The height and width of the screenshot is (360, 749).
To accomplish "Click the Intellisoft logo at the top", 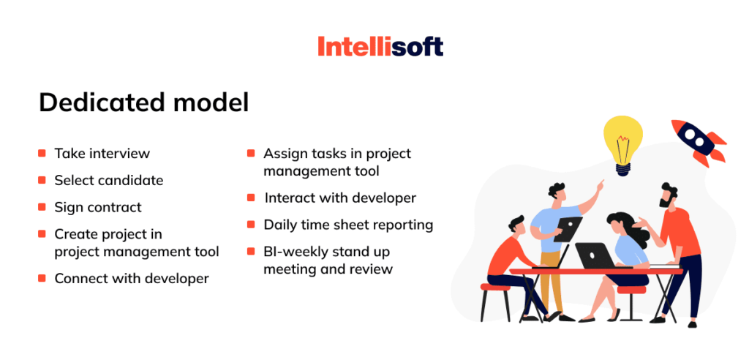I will [x=380, y=48].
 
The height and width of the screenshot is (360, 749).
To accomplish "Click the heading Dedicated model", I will [x=143, y=102].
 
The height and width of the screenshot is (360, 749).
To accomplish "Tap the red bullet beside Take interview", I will [x=42, y=154].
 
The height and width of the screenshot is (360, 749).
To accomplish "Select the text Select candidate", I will [x=108, y=180].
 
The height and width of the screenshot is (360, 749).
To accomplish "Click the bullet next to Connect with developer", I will [x=42, y=279].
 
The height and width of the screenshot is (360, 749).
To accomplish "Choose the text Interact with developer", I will [x=340, y=198].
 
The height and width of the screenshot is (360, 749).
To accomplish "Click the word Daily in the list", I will [x=281, y=225].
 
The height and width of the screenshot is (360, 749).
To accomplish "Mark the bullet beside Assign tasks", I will [x=251, y=154].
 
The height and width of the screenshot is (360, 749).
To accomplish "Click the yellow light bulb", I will [x=622, y=143].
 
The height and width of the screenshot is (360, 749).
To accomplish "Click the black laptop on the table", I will [x=596, y=255].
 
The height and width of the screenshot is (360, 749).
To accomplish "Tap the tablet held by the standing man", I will [x=567, y=228].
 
